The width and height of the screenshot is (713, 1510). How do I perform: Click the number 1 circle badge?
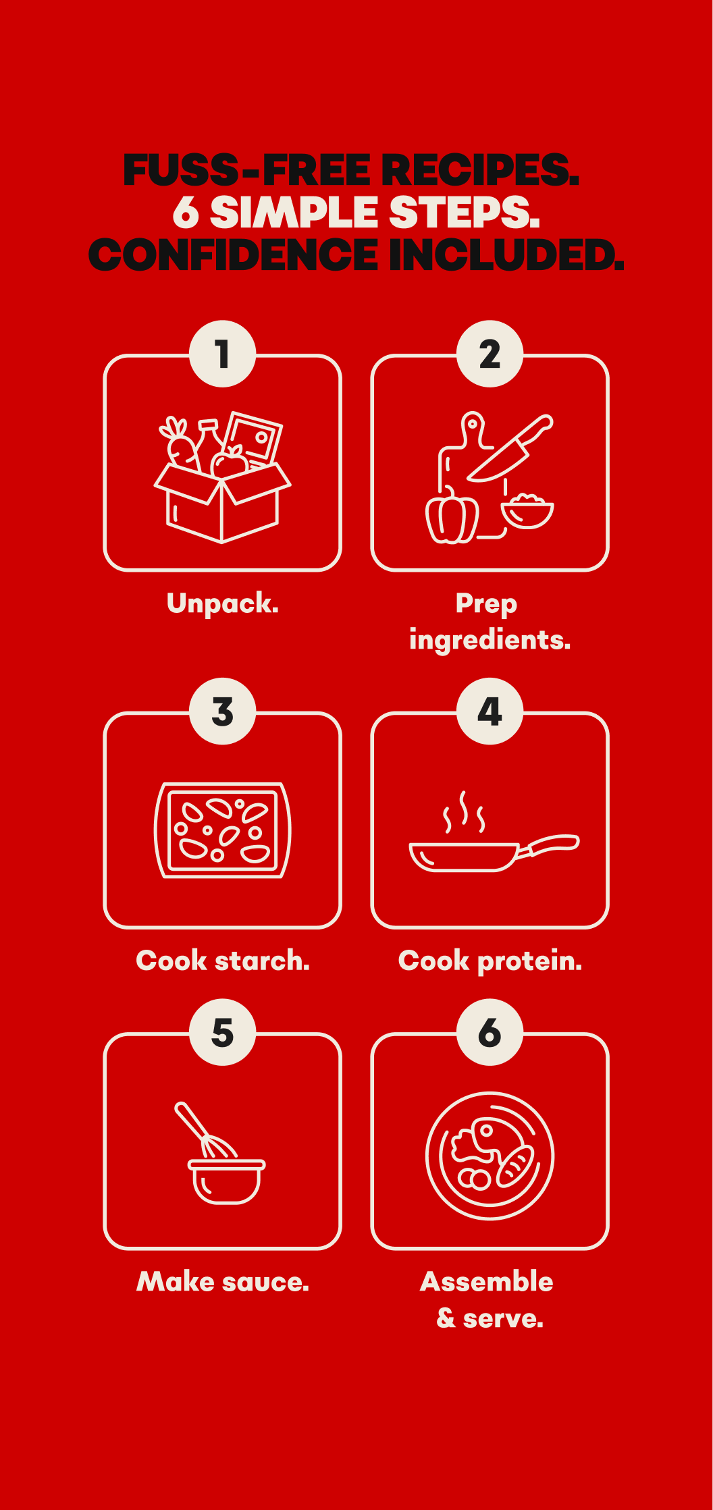[x=223, y=354]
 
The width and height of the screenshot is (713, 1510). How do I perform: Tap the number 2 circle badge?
[x=490, y=354]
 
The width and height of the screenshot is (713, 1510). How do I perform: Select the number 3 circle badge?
[x=223, y=711]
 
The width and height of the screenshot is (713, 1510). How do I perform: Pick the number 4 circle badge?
[x=490, y=711]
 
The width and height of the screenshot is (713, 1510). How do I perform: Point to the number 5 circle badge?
[x=223, y=1032]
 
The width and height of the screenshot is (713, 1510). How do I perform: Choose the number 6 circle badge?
[x=490, y=1032]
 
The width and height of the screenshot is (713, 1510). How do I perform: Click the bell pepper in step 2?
[x=452, y=516]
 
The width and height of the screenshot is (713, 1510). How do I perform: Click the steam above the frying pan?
[x=464, y=812]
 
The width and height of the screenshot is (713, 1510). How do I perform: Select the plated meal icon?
[x=490, y=1156]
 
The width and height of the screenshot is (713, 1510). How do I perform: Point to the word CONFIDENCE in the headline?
[x=234, y=254]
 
